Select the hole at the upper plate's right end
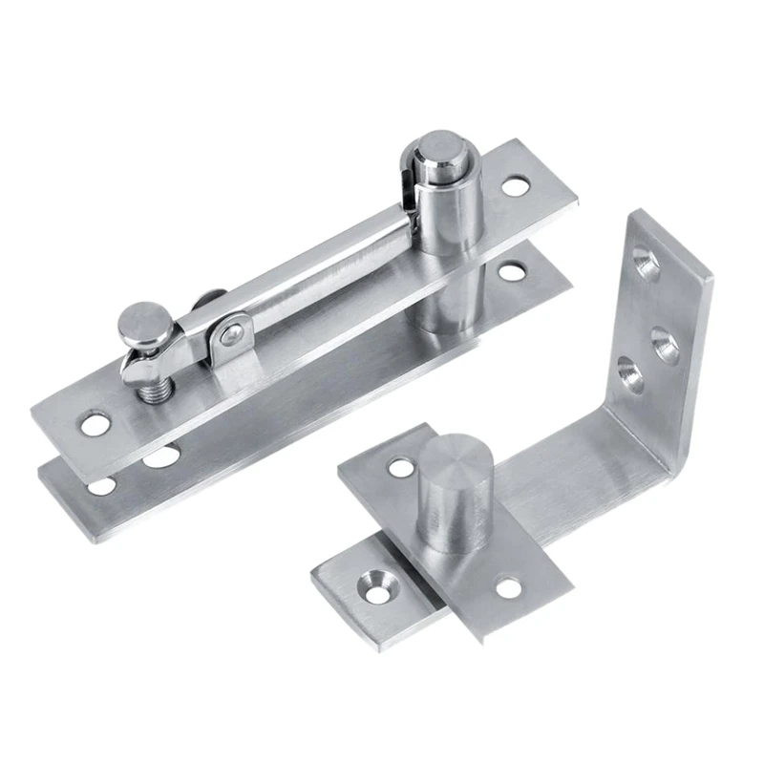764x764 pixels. pyautogui.click(x=516, y=184)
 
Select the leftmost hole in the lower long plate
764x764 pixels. pyautogui.click(x=100, y=486)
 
